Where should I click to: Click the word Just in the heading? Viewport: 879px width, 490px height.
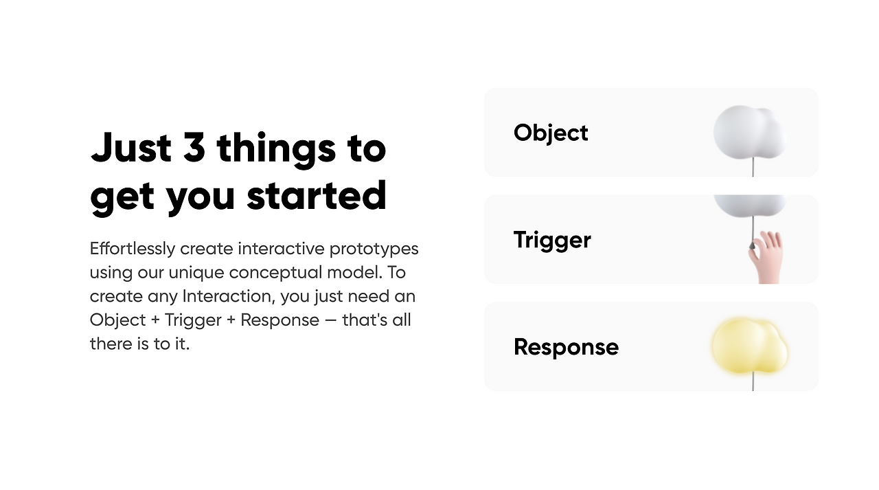click(x=131, y=147)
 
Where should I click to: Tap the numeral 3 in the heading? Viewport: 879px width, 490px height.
click(x=194, y=147)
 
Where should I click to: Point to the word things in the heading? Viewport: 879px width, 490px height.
click(x=276, y=150)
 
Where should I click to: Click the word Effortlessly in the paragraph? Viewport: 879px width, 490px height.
click(x=133, y=249)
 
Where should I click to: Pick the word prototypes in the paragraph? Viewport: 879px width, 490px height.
click(x=374, y=249)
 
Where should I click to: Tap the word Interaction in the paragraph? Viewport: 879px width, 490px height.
click(x=229, y=296)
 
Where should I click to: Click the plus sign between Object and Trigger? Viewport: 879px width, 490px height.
click(x=155, y=320)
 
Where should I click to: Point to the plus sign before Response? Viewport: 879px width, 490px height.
click(x=231, y=320)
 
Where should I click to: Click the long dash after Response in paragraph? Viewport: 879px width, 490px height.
click(x=331, y=320)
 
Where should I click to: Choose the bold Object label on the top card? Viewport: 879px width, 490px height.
click(x=551, y=133)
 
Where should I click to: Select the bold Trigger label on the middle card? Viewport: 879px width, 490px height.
click(x=552, y=241)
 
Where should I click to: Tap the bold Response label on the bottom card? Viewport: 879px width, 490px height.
click(x=567, y=347)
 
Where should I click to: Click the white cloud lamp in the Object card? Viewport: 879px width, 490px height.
click(x=750, y=133)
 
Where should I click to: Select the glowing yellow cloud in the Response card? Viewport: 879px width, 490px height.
click(x=750, y=346)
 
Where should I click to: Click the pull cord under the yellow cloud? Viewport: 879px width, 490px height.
click(x=753, y=381)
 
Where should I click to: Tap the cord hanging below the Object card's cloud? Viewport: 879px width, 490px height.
click(x=753, y=167)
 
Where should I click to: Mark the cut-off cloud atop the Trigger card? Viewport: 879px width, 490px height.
click(x=750, y=205)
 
